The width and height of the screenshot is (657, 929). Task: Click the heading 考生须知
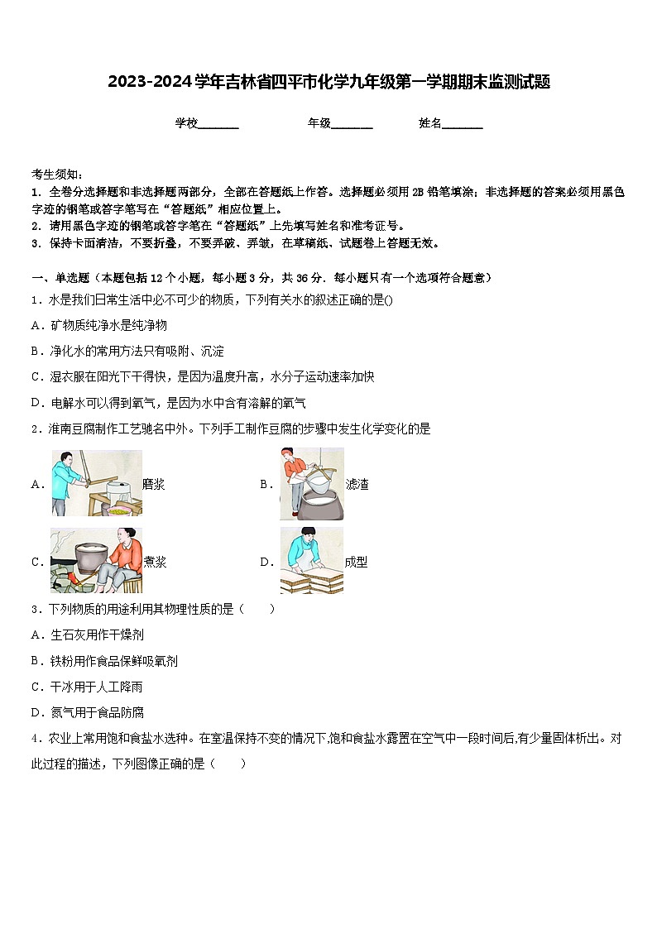56,174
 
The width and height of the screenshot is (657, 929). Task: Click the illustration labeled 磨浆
95,483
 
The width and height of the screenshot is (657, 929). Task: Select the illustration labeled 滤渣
311,483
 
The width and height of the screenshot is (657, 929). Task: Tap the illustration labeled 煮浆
95,561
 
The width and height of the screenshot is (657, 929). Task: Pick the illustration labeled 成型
311,561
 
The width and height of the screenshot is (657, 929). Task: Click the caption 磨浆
154,485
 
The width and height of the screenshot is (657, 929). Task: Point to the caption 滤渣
357,485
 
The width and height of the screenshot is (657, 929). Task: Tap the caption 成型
356,563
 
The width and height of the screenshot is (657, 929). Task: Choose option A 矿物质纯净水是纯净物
99,325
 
